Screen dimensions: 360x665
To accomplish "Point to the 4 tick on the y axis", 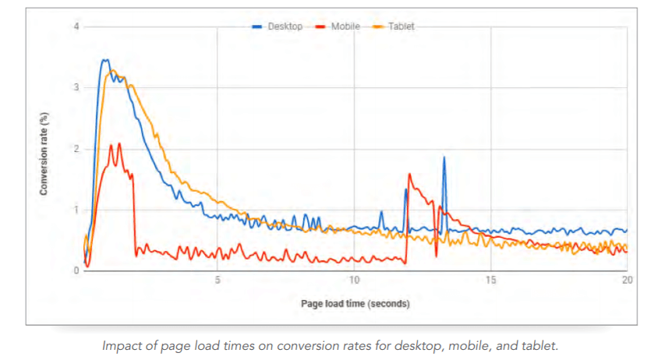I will pos(76,27).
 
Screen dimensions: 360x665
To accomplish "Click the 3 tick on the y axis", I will pos(76,88).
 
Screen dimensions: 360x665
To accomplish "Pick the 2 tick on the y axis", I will pos(76,149).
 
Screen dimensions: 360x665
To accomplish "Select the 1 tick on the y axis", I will pos(76,210).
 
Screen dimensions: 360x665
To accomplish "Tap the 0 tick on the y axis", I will pos(76,270).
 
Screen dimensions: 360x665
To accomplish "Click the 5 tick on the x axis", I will pos(218,281).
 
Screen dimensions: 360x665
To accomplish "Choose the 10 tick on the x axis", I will pos(354,281).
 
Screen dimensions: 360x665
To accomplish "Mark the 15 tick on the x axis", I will pos(491,281).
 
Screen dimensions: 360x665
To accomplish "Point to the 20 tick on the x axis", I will pos(627,281).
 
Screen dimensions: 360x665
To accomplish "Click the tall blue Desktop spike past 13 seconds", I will pos(444,158).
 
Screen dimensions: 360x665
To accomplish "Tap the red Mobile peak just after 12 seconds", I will pos(410,175).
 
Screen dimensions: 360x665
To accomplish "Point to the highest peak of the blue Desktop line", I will pos(105,60).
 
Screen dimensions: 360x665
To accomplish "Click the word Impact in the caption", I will pos(120,345).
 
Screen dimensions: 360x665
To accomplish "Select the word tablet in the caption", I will pos(541,345).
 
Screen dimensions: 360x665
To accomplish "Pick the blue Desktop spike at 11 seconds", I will pos(381,212).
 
